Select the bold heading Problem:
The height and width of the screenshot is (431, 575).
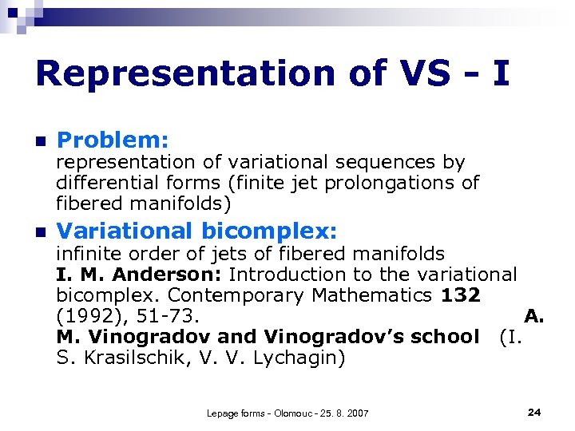(x=113, y=140)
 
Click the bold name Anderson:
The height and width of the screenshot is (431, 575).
(x=168, y=275)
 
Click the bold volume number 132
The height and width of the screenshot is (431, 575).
(x=460, y=295)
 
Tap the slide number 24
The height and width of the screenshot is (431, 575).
(x=534, y=412)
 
